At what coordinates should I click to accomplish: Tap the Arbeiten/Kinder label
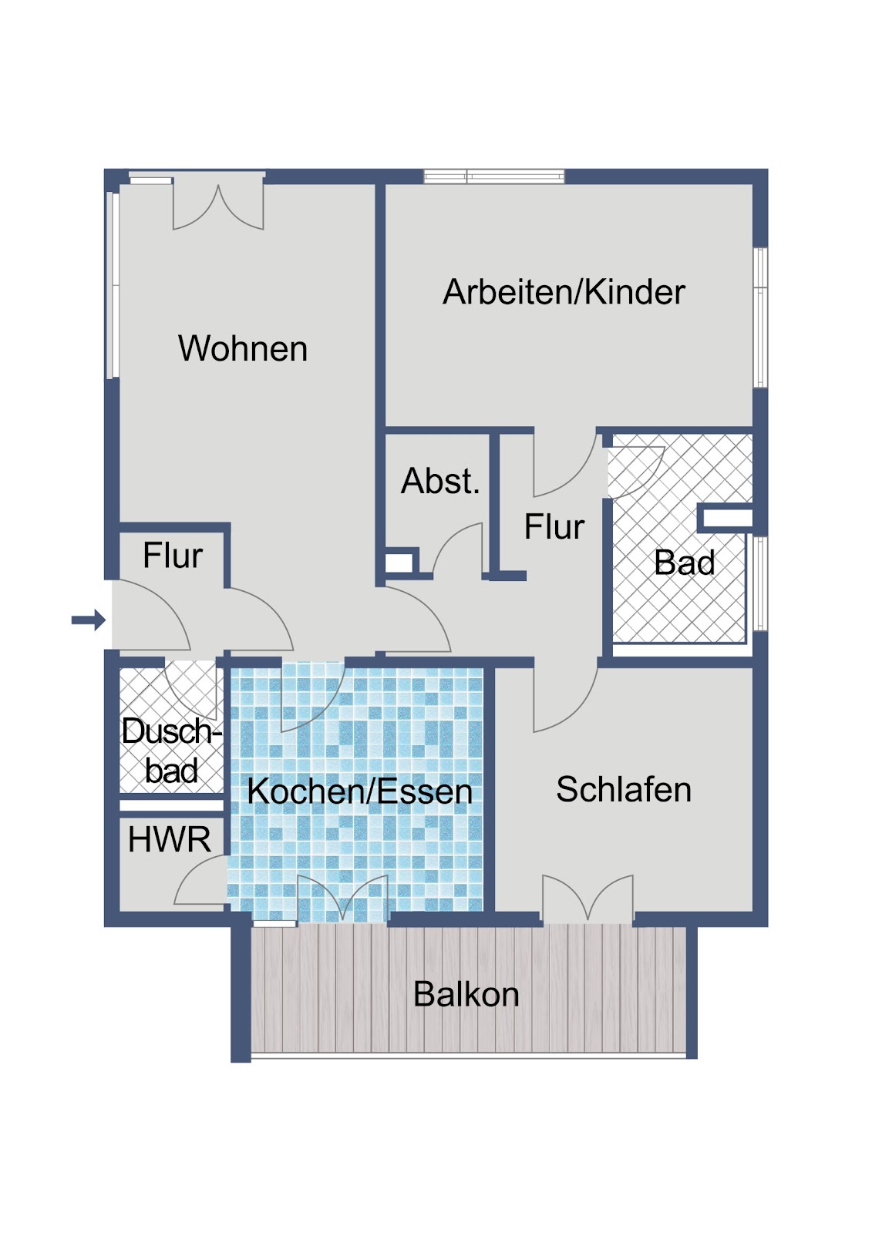click(x=564, y=291)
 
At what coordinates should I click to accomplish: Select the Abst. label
click(x=440, y=481)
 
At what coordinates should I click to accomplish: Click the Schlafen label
click(x=624, y=789)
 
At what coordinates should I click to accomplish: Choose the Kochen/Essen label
click(x=360, y=791)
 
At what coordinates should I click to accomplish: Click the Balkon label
click(x=466, y=994)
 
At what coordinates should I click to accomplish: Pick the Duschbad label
click(x=171, y=751)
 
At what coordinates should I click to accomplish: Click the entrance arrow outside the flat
click(x=88, y=620)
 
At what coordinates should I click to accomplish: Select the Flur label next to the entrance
click(x=173, y=555)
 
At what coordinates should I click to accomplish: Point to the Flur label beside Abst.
click(x=554, y=526)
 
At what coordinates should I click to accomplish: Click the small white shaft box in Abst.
click(x=399, y=563)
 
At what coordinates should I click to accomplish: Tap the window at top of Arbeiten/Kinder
click(x=494, y=176)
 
